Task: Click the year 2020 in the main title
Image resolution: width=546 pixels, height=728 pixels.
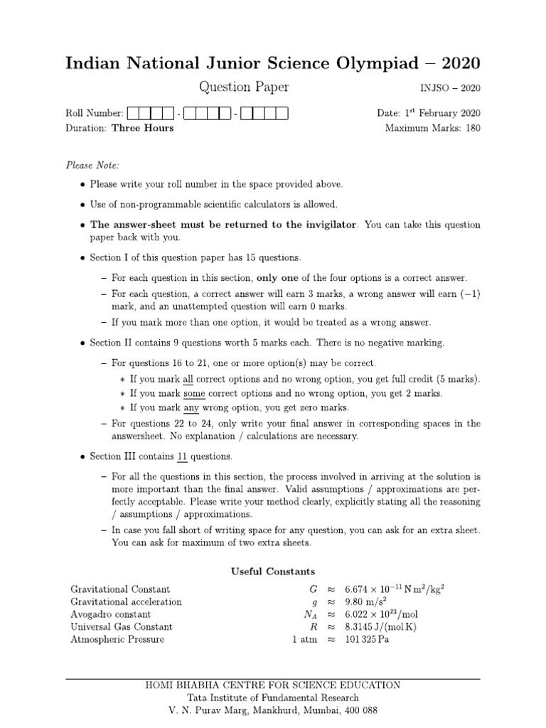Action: pyautogui.click(x=460, y=63)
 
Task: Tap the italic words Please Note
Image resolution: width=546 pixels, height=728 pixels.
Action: pyautogui.click(x=92, y=165)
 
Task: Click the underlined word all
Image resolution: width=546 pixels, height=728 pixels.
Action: pyautogui.click(x=188, y=378)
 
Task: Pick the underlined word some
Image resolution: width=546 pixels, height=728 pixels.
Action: pyautogui.click(x=195, y=393)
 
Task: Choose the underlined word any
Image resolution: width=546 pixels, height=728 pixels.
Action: pyautogui.click(x=191, y=408)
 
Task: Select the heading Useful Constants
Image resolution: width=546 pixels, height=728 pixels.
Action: pyautogui.click(x=272, y=571)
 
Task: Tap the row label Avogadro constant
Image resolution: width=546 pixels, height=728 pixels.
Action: pyautogui.click(x=110, y=614)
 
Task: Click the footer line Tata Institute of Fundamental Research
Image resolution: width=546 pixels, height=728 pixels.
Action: pyautogui.click(x=272, y=697)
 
